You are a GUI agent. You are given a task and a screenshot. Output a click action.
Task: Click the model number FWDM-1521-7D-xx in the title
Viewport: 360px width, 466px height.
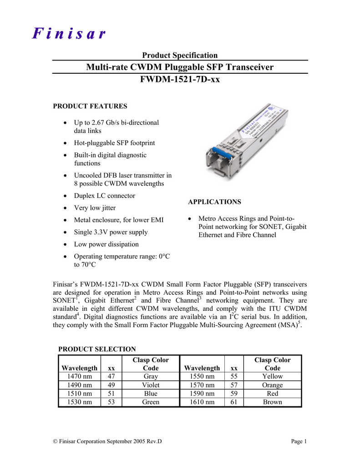point(180,80)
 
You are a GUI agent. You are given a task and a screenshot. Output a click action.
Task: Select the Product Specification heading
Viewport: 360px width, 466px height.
point(180,55)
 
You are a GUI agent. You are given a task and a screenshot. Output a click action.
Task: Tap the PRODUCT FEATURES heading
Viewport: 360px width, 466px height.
point(90,106)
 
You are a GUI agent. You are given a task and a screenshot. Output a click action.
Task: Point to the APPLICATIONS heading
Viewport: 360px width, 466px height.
point(214,202)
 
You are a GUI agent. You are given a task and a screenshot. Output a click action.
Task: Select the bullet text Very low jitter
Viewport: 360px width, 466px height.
point(95,208)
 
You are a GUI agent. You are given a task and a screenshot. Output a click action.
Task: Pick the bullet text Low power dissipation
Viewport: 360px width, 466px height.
point(106,244)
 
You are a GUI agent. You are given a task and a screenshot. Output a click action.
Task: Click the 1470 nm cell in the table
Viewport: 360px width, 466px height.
point(79,376)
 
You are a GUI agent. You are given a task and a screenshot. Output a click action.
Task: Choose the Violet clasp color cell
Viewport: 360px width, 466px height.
point(150,385)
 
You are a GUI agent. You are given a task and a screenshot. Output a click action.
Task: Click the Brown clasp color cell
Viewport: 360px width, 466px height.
point(272,402)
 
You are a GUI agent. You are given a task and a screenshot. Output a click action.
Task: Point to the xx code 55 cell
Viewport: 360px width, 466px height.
point(234,376)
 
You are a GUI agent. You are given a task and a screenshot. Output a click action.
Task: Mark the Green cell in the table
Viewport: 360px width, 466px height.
point(150,402)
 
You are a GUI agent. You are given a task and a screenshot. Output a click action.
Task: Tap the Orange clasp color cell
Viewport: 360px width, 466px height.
point(272,385)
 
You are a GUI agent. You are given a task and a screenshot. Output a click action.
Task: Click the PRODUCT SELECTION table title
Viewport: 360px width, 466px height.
point(97,349)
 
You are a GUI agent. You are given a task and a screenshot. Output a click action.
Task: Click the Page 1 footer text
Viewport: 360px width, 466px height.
point(299,441)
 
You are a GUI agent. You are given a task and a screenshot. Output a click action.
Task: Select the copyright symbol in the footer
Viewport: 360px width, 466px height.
point(56,441)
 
